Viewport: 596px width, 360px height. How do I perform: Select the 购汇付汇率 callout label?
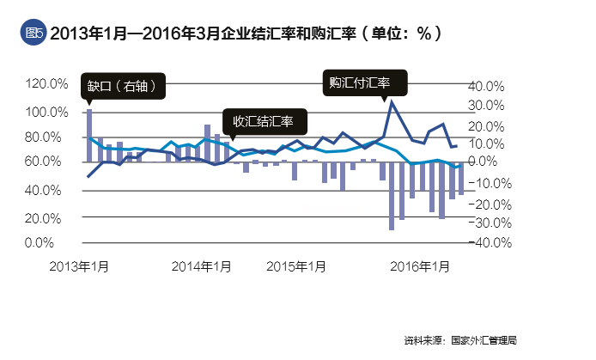click(360, 83)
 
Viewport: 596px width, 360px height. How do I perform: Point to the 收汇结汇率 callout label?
click(258, 122)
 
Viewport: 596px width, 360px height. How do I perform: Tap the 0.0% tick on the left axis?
click(51, 243)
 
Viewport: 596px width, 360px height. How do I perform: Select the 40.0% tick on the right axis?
click(484, 86)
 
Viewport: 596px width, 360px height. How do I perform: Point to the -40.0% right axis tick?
click(483, 243)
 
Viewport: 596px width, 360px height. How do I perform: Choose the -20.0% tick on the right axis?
click(483, 204)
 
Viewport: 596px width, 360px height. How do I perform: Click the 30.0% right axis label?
click(484, 106)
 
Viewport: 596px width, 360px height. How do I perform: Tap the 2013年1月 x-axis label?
click(78, 265)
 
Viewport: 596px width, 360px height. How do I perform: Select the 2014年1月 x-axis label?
click(202, 265)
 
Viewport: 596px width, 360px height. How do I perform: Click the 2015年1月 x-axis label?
click(296, 265)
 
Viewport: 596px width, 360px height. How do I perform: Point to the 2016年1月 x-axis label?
click(420, 265)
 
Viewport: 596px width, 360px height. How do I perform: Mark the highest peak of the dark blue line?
click(392, 101)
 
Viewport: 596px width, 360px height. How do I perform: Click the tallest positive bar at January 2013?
click(89, 135)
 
